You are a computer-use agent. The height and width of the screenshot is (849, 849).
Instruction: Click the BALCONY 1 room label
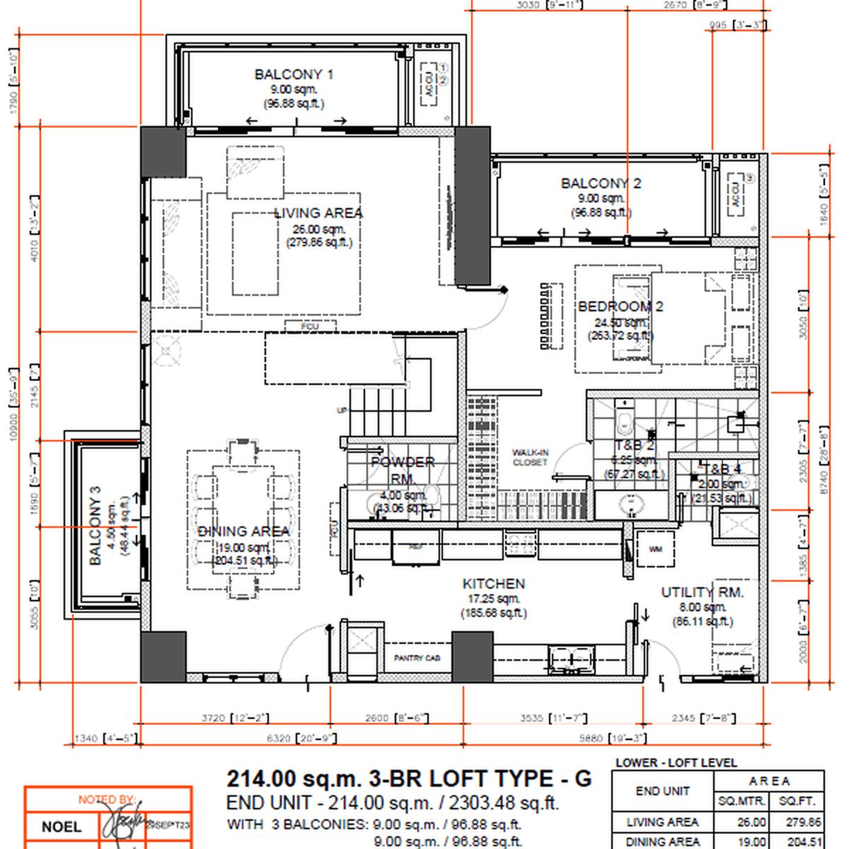pyautogui.click(x=294, y=74)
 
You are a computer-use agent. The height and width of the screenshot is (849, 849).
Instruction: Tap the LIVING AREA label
pyautogui.click(x=318, y=213)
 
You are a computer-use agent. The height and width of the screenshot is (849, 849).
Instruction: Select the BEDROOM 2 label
pyautogui.click(x=620, y=306)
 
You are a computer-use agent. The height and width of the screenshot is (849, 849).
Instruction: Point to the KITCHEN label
pyautogui.click(x=493, y=584)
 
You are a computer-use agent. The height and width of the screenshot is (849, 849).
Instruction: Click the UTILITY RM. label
pyautogui.click(x=702, y=592)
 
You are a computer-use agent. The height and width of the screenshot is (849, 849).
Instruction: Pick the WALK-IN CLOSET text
pyautogui.click(x=530, y=457)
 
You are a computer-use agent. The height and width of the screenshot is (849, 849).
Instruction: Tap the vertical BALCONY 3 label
pyautogui.click(x=96, y=525)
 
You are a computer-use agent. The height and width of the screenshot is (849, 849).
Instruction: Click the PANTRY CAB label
pyautogui.click(x=417, y=658)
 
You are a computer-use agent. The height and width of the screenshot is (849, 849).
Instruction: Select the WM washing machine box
pyautogui.click(x=656, y=549)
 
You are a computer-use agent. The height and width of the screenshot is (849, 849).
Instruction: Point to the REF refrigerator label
pyautogui.click(x=416, y=547)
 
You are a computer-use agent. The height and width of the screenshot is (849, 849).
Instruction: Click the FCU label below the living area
pyautogui.click(x=310, y=326)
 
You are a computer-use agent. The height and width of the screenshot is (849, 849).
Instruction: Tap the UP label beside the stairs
pyautogui.click(x=342, y=410)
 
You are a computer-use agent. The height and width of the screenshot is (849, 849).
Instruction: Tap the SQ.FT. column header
pyautogui.click(x=797, y=801)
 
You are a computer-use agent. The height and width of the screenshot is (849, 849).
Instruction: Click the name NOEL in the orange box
pyautogui.click(x=61, y=826)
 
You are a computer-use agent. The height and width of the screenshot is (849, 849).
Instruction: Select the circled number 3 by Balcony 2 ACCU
pyautogui.click(x=750, y=178)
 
